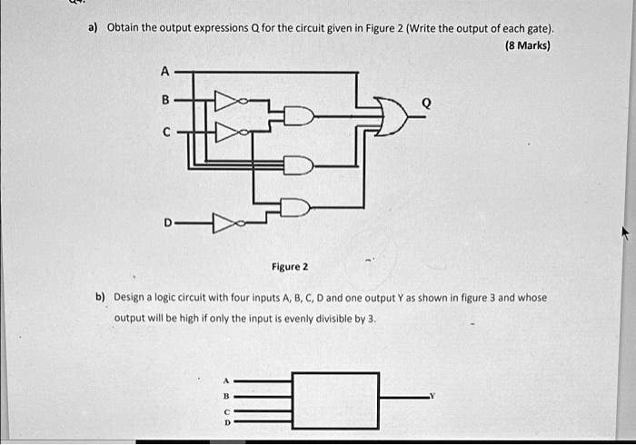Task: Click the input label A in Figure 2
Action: click(x=164, y=72)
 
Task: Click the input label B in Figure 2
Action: click(x=165, y=99)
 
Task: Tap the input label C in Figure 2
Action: click(x=166, y=132)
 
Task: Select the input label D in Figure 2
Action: click(x=168, y=222)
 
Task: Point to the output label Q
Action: click(x=426, y=104)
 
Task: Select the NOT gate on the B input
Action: click(x=231, y=101)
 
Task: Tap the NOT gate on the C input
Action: click(x=232, y=132)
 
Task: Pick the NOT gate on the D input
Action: click(x=229, y=223)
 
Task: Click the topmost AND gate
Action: click(x=299, y=116)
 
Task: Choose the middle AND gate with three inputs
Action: click(x=299, y=165)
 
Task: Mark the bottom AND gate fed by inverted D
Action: click(x=296, y=207)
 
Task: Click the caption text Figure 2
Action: click(x=290, y=267)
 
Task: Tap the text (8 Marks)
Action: click(x=528, y=45)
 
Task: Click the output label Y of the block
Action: click(x=432, y=396)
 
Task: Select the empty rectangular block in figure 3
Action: click(x=335, y=400)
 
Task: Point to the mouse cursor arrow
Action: click(x=627, y=232)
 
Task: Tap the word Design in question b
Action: click(x=129, y=297)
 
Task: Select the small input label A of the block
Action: click(x=226, y=381)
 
